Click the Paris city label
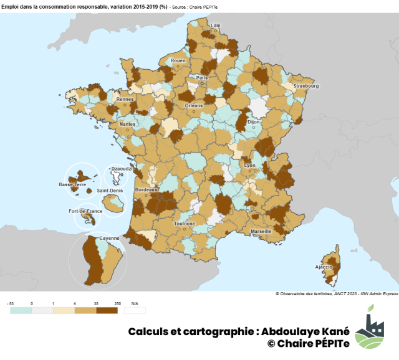point(202,77)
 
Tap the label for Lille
point(216,26)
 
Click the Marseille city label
point(261,231)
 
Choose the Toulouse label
point(185,223)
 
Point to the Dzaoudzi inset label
point(119,168)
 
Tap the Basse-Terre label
point(72,184)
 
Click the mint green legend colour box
point(21,310)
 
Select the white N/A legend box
point(135,310)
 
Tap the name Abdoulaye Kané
point(302,331)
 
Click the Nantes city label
point(127,124)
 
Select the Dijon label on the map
point(253,123)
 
